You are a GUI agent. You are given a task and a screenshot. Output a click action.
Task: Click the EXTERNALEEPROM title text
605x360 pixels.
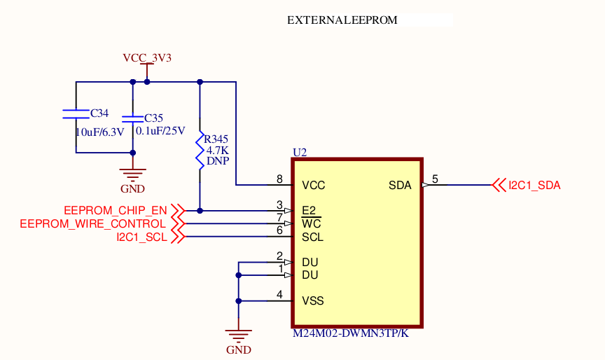tap(342, 20)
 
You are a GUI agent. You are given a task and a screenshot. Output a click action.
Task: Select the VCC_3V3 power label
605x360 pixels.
tap(147, 58)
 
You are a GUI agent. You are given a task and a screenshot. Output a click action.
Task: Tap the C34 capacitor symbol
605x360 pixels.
tap(76, 113)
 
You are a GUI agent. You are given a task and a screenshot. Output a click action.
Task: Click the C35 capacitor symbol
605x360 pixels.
tap(132, 118)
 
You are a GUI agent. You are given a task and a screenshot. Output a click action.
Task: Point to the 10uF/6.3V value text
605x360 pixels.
tap(99, 131)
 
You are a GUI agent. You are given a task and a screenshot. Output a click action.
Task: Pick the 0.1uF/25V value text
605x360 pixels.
tap(160, 131)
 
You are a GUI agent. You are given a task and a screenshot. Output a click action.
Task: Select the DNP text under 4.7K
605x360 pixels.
tap(218, 160)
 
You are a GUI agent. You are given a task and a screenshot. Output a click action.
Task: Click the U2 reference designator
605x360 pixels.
tap(300, 152)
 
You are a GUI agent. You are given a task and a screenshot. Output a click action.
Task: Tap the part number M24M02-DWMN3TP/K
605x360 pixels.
tap(350, 333)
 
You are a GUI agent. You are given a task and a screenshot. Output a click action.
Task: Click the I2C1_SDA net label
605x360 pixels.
tap(534, 186)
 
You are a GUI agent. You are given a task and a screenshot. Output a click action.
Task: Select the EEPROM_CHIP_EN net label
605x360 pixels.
tap(116, 210)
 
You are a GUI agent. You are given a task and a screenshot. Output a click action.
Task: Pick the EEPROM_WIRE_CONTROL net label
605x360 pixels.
tap(94, 223)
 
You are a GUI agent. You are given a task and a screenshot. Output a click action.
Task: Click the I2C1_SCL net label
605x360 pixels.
tap(142, 237)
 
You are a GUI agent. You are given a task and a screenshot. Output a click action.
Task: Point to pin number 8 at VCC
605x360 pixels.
tap(279, 179)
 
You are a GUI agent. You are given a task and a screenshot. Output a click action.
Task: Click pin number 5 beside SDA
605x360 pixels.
tap(435, 179)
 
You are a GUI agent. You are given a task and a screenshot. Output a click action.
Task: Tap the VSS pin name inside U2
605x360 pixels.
tap(312, 301)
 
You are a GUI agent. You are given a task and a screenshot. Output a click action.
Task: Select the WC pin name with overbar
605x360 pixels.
tap(311, 224)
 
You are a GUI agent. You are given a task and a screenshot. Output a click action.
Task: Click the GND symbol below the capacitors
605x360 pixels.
tap(132, 176)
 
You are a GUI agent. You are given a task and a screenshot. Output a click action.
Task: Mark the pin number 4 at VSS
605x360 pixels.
tap(279, 295)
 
